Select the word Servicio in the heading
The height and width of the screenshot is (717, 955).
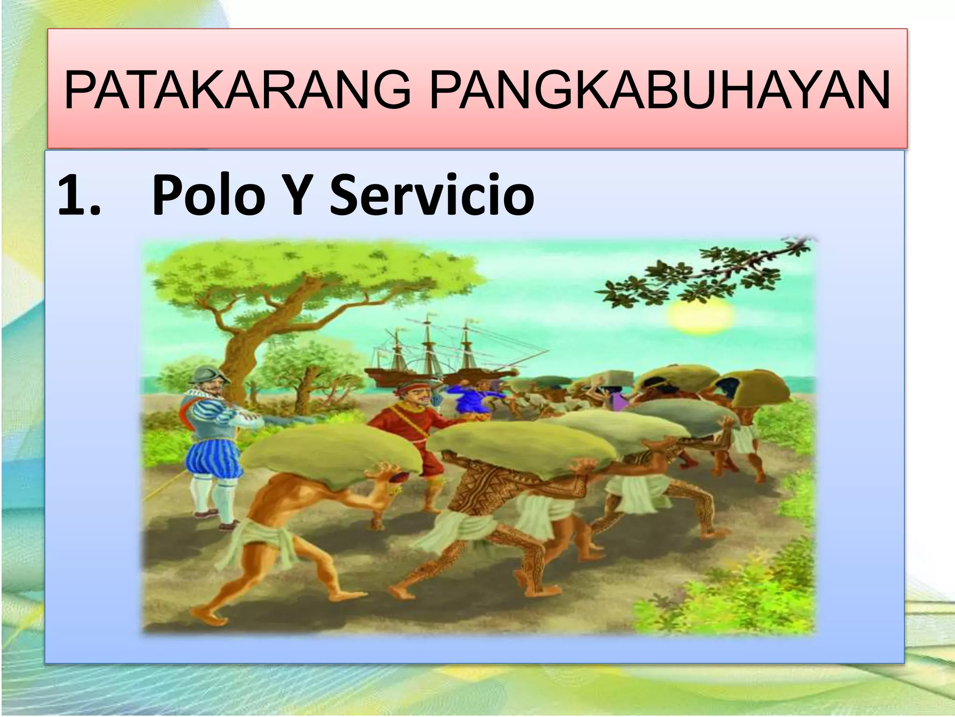click(x=431, y=195)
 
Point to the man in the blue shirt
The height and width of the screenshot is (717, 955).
click(x=471, y=397)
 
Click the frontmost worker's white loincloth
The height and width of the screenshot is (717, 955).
click(x=261, y=537)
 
